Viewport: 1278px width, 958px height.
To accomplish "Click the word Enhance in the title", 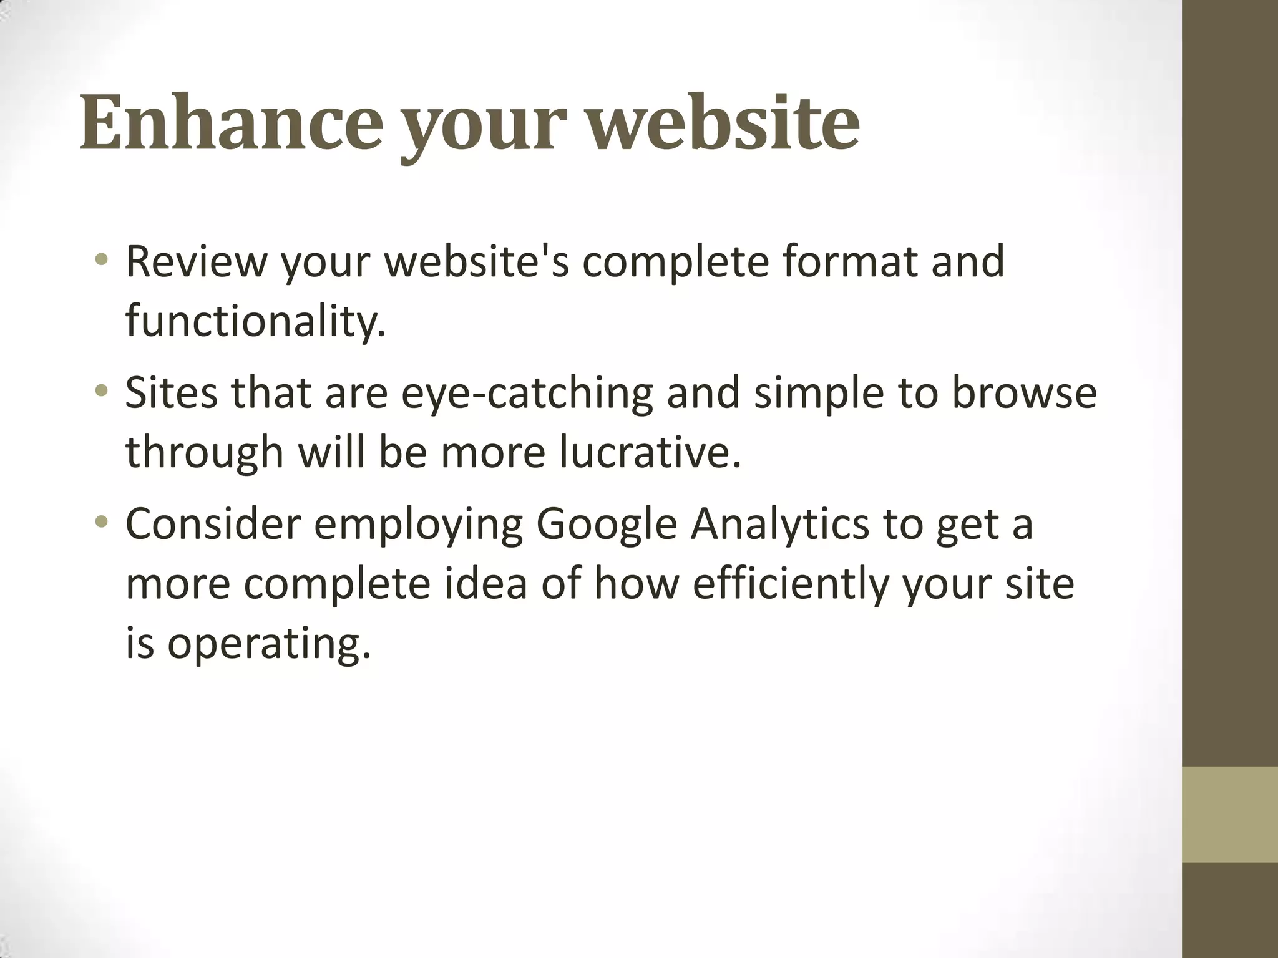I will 231,122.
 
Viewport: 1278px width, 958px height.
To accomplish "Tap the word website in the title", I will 724,122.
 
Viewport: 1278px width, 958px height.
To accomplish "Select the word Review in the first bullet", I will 196,261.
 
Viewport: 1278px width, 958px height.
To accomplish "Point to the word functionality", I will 255,321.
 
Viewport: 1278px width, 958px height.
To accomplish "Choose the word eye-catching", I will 527,394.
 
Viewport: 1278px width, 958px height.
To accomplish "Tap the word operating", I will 269,644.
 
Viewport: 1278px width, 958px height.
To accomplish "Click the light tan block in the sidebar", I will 1229,814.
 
